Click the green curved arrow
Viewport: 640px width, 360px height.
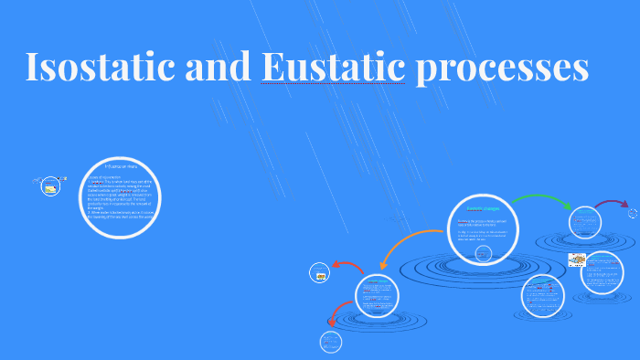(x=539, y=200)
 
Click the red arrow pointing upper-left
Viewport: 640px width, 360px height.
(x=347, y=266)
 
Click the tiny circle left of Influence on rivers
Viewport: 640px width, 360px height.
(x=50, y=186)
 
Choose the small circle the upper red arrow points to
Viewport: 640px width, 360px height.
(x=320, y=271)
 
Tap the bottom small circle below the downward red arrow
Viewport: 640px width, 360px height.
(x=330, y=342)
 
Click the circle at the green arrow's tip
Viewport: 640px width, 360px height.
(x=582, y=224)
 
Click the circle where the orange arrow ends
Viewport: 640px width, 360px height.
(x=377, y=295)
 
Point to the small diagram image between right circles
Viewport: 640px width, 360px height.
(x=577, y=259)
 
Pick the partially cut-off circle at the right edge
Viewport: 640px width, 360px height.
(x=634, y=213)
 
